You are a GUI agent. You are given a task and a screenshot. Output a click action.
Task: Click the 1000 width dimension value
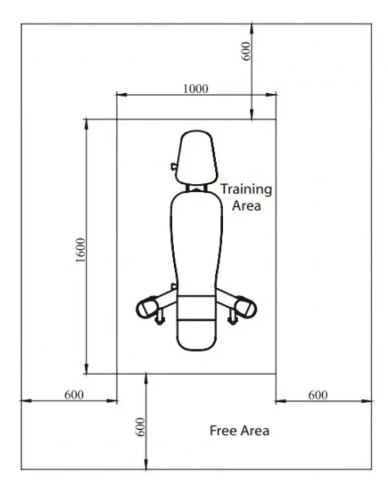196,89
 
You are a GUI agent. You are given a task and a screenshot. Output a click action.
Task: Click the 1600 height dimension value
80,250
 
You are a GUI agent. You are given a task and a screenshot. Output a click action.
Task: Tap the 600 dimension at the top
245,51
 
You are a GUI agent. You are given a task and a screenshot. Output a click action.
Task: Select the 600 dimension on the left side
74,395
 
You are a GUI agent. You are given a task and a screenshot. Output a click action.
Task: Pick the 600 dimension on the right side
318,395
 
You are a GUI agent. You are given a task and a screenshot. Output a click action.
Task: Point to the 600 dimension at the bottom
141,427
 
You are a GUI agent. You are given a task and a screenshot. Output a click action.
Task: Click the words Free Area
239,431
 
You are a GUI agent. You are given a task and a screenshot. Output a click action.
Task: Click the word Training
246,189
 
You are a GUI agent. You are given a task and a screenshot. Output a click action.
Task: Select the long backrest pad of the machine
196,242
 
